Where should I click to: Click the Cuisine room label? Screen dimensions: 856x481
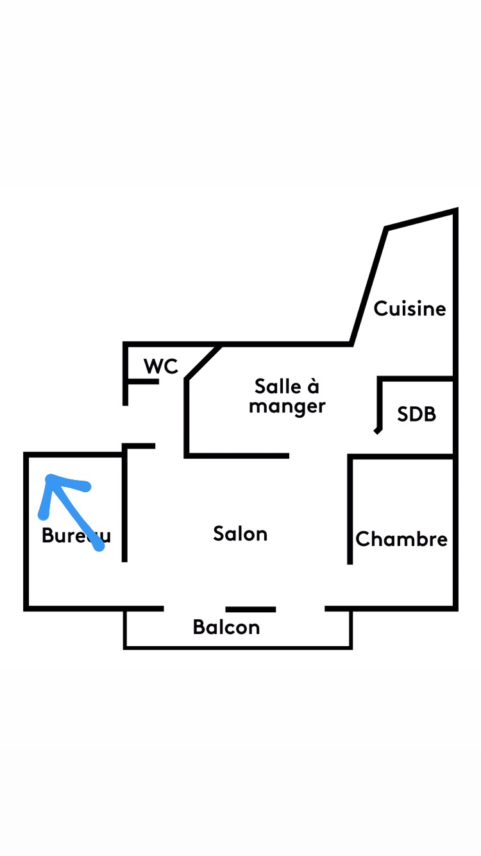(x=410, y=309)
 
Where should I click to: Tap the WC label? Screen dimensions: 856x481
(x=160, y=366)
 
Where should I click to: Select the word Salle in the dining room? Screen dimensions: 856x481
(x=278, y=386)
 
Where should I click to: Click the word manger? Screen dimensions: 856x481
(x=287, y=406)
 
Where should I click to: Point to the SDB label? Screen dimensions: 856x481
(x=416, y=414)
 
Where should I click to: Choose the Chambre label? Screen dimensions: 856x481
(x=401, y=539)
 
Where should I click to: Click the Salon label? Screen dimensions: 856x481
(x=240, y=534)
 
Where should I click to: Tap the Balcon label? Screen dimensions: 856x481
(x=226, y=627)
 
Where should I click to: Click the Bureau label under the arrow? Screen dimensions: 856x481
(x=75, y=536)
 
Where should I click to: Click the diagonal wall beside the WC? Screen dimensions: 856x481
(x=203, y=363)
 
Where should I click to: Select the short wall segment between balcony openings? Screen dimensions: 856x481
(x=251, y=609)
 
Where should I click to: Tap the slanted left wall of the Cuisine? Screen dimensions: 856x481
(x=369, y=285)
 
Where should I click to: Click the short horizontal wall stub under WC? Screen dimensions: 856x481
(x=142, y=382)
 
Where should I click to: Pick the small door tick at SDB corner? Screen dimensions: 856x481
(x=378, y=431)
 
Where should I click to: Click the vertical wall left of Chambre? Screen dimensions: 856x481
(x=350, y=510)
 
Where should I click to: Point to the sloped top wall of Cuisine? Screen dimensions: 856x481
(x=421, y=219)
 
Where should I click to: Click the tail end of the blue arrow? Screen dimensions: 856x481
(x=99, y=547)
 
